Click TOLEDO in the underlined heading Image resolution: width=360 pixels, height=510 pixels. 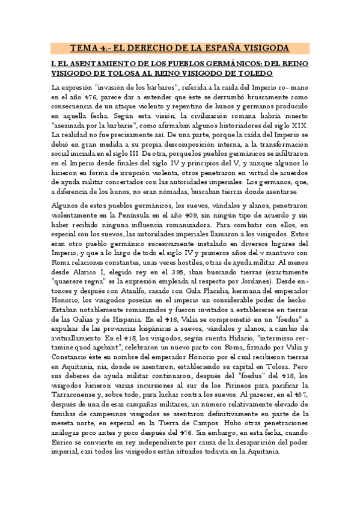tap(254, 73)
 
